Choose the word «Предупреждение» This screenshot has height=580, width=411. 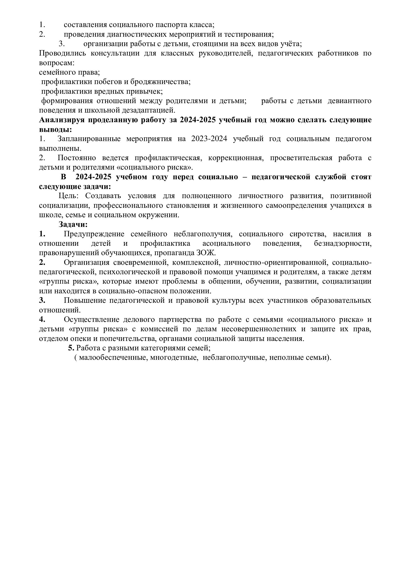(x=94, y=234)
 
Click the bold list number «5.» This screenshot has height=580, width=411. (x=71, y=348)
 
